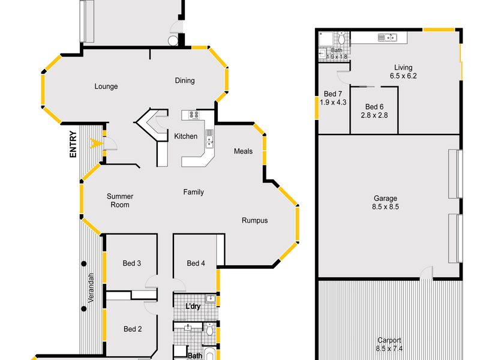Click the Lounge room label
[x=106, y=86]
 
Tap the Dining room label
[x=185, y=80]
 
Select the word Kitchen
[x=185, y=136]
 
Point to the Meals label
[x=243, y=151]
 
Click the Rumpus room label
[x=254, y=220]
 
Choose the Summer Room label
[x=120, y=200]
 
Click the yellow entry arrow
[x=94, y=143]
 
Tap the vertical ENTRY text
[x=73, y=144]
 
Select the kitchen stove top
[x=194, y=115]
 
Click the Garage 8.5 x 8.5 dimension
[x=385, y=206]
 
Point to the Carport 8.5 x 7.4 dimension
[x=389, y=349]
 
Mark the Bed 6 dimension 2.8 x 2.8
[x=374, y=115]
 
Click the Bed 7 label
[x=333, y=94]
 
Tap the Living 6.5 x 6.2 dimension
[x=403, y=76]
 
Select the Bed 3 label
[x=131, y=263]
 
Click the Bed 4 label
[x=196, y=263]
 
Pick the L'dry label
[x=193, y=306]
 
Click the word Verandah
[x=91, y=288]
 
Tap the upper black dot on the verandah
[x=83, y=263]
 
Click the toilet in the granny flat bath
[x=342, y=38]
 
